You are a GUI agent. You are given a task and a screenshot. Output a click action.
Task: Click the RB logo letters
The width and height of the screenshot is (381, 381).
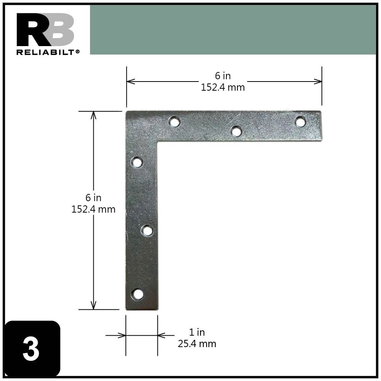click(45, 30)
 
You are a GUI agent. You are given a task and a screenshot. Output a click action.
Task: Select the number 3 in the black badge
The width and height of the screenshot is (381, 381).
click(31, 349)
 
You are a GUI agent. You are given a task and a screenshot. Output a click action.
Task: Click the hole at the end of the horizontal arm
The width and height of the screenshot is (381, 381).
click(300, 122)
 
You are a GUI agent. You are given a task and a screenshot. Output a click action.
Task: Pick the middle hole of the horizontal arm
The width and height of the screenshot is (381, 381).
click(236, 132)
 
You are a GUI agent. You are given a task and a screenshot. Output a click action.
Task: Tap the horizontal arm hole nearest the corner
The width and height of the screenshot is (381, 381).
click(174, 122)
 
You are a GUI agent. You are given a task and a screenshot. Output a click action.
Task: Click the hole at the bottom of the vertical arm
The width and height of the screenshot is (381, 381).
click(138, 294)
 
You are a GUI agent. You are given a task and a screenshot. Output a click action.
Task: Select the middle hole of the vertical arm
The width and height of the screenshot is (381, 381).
click(147, 231)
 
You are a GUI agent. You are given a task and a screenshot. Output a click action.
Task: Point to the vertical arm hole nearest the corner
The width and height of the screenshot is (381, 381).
click(137, 163)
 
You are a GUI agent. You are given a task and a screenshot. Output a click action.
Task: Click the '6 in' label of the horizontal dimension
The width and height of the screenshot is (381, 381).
click(223, 76)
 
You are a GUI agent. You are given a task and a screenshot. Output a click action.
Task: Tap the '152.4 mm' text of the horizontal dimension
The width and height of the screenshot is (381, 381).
click(223, 87)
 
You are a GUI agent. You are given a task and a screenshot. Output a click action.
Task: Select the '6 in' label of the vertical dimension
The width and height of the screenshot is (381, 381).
click(93, 198)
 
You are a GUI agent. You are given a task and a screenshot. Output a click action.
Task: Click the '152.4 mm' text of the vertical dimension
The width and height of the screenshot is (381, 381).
click(93, 209)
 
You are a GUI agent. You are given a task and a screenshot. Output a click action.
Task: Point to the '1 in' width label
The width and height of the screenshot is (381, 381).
click(197, 332)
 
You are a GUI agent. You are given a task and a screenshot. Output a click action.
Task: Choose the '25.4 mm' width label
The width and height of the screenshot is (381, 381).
click(197, 344)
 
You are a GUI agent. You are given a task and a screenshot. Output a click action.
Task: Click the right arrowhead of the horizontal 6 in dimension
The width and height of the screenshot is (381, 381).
click(318, 81)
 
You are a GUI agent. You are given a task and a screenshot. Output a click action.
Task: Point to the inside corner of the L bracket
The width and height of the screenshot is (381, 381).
click(157, 141)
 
